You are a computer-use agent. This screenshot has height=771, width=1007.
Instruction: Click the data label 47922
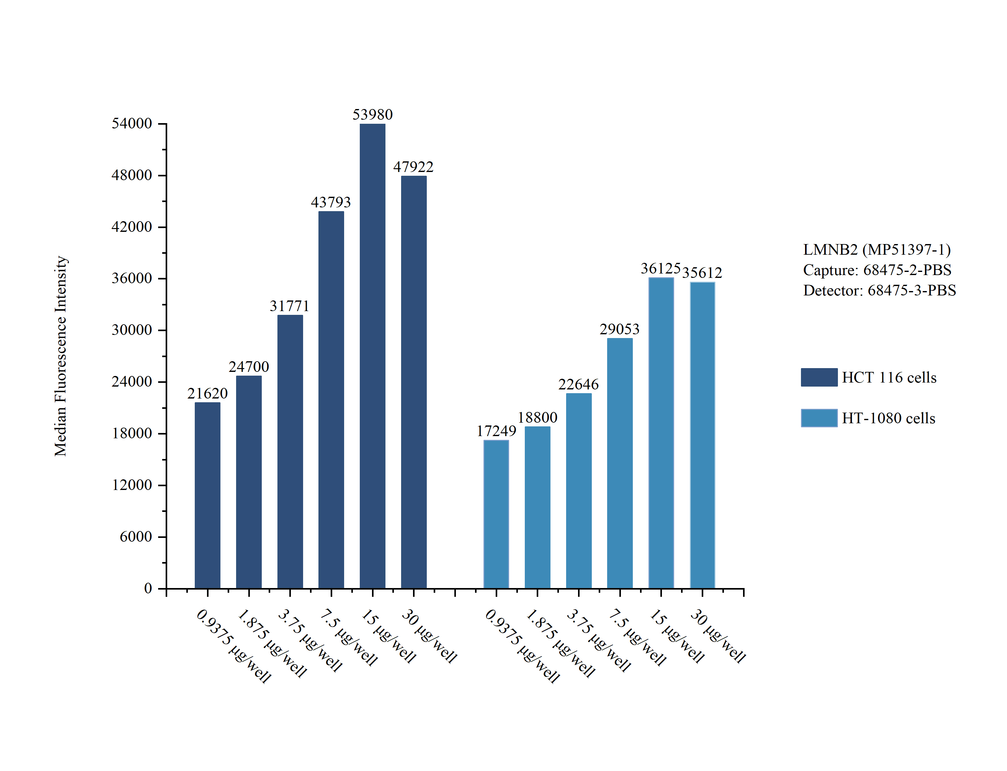point(413,167)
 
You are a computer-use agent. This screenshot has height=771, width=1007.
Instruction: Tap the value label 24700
point(249,367)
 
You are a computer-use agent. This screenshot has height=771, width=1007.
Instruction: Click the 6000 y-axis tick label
point(136,536)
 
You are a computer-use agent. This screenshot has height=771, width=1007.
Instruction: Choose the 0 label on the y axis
point(148,588)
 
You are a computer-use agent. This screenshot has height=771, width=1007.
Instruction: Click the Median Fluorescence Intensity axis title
point(60,356)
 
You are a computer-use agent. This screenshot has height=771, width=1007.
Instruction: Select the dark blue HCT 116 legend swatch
point(819,377)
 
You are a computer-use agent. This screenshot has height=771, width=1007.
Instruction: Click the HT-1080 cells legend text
point(888,418)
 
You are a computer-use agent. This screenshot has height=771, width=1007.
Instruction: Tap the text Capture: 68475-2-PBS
point(877,270)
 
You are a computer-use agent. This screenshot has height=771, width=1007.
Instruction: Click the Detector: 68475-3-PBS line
point(879,290)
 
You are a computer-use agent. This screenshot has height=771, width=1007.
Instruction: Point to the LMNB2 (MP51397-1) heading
point(876,250)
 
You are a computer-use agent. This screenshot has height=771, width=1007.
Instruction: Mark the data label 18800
point(537,418)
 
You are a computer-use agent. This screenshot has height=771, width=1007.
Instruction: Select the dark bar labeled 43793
point(331,399)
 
